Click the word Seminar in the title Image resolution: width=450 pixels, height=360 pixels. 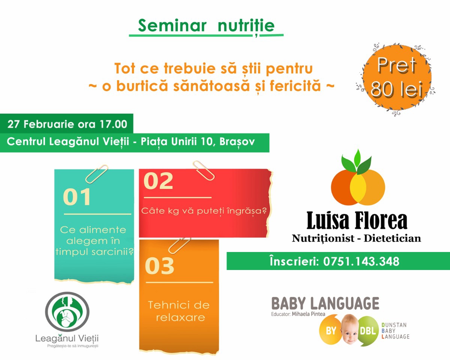pyautogui.click(x=172, y=26)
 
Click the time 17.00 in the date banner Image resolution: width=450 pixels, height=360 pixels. pyautogui.click(x=113, y=124)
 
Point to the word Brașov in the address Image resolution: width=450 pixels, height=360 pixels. pyautogui.click(x=237, y=142)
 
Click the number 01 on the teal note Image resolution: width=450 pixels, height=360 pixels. pyautogui.click(x=77, y=197)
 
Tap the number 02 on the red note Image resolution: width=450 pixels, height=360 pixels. pyautogui.click(x=158, y=181)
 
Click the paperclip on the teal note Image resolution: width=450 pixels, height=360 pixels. pyautogui.click(x=97, y=174)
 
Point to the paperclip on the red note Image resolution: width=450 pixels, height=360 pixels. pyautogui.click(x=204, y=171)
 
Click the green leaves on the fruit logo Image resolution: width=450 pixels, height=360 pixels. pyautogui.click(x=356, y=162)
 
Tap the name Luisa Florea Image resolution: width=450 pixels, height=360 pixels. pyautogui.click(x=357, y=220)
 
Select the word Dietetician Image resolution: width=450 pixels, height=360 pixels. pyautogui.click(x=392, y=238)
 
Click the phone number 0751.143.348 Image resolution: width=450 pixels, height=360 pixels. pyautogui.click(x=361, y=261)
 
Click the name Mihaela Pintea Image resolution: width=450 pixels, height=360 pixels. pyautogui.click(x=308, y=314)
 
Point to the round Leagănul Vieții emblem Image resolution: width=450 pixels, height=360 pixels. pyautogui.click(x=67, y=312)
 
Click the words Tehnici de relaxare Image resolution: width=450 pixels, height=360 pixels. pyautogui.click(x=179, y=311)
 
